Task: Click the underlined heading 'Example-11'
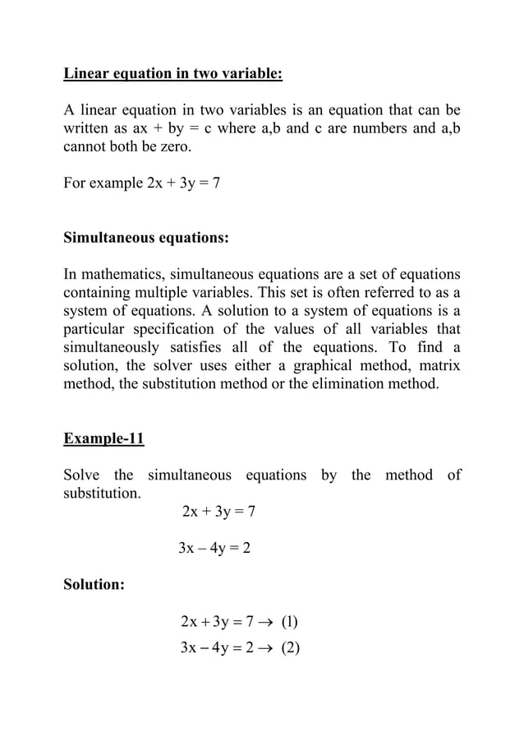pos(104,438)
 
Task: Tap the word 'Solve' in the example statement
pos(84,475)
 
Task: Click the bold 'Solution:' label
pos(94,585)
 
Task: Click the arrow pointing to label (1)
pos(268,622)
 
